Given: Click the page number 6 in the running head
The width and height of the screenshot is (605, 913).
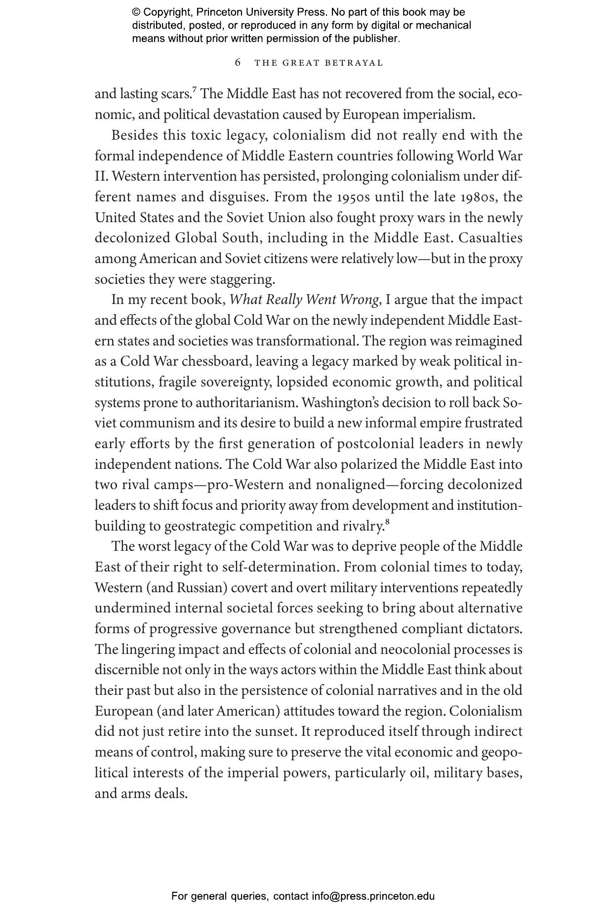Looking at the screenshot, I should pos(238,63).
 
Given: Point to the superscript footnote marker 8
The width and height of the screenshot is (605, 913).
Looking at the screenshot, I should pos(387,522).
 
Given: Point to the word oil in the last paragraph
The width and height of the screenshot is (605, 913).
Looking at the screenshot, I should pos(418,772).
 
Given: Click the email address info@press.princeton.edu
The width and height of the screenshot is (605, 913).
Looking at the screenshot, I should pos(373,896).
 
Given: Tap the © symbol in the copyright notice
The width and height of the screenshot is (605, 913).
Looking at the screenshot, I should pos(136,12).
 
